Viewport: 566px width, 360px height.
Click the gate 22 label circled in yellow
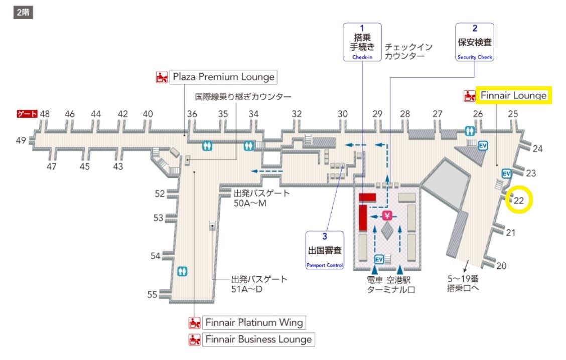coord(519,201)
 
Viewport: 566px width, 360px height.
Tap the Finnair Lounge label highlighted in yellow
coord(513,95)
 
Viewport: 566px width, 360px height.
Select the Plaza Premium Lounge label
coord(223,77)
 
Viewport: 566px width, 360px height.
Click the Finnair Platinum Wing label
coord(254,322)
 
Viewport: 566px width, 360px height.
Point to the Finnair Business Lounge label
coord(258,339)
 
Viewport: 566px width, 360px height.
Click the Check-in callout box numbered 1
coord(362,42)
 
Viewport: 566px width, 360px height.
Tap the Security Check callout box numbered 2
coord(475,42)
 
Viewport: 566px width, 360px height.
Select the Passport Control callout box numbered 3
coord(325,250)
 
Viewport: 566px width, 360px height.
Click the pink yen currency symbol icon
coord(387,216)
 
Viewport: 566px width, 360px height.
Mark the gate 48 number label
coord(45,114)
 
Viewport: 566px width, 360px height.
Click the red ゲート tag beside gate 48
coord(27,114)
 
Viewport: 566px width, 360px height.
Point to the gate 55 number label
coord(152,295)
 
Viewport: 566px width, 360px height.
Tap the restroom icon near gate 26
coord(470,130)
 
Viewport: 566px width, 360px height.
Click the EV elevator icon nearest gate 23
coord(506,174)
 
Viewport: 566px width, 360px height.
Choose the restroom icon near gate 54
coord(182,271)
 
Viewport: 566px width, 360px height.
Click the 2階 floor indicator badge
coord(24,12)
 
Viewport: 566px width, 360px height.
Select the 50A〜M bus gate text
coord(250,204)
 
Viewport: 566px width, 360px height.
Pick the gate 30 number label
coord(343,114)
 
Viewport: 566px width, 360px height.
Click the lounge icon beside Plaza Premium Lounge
coord(162,77)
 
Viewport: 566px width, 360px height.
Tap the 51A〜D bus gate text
coord(247,289)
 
